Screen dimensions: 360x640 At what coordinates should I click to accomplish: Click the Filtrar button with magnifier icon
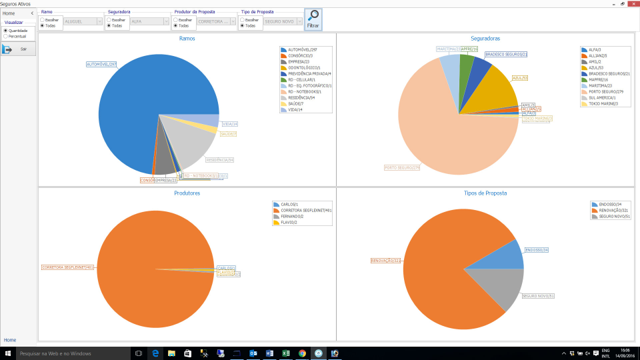pyautogui.click(x=313, y=19)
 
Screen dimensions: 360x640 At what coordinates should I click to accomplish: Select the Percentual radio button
pyautogui.click(x=6, y=36)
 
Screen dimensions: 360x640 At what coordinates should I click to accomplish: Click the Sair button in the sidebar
pyautogui.click(x=18, y=49)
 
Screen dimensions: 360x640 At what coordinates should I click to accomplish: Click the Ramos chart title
pyautogui.click(x=187, y=39)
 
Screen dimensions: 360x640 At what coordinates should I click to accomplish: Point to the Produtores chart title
pyautogui.click(x=187, y=193)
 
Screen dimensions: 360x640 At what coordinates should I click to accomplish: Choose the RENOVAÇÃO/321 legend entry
pyautogui.click(x=613, y=210)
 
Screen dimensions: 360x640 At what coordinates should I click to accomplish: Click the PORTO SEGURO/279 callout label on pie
pyautogui.click(x=401, y=167)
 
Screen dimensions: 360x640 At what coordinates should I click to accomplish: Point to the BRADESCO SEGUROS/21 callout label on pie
pyautogui.click(x=505, y=54)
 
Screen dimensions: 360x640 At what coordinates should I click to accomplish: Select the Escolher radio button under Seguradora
pyautogui.click(x=109, y=20)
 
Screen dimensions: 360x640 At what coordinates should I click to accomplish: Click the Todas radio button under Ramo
pyautogui.click(x=42, y=25)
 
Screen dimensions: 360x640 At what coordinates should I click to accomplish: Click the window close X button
pyautogui.click(x=631, y=3)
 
